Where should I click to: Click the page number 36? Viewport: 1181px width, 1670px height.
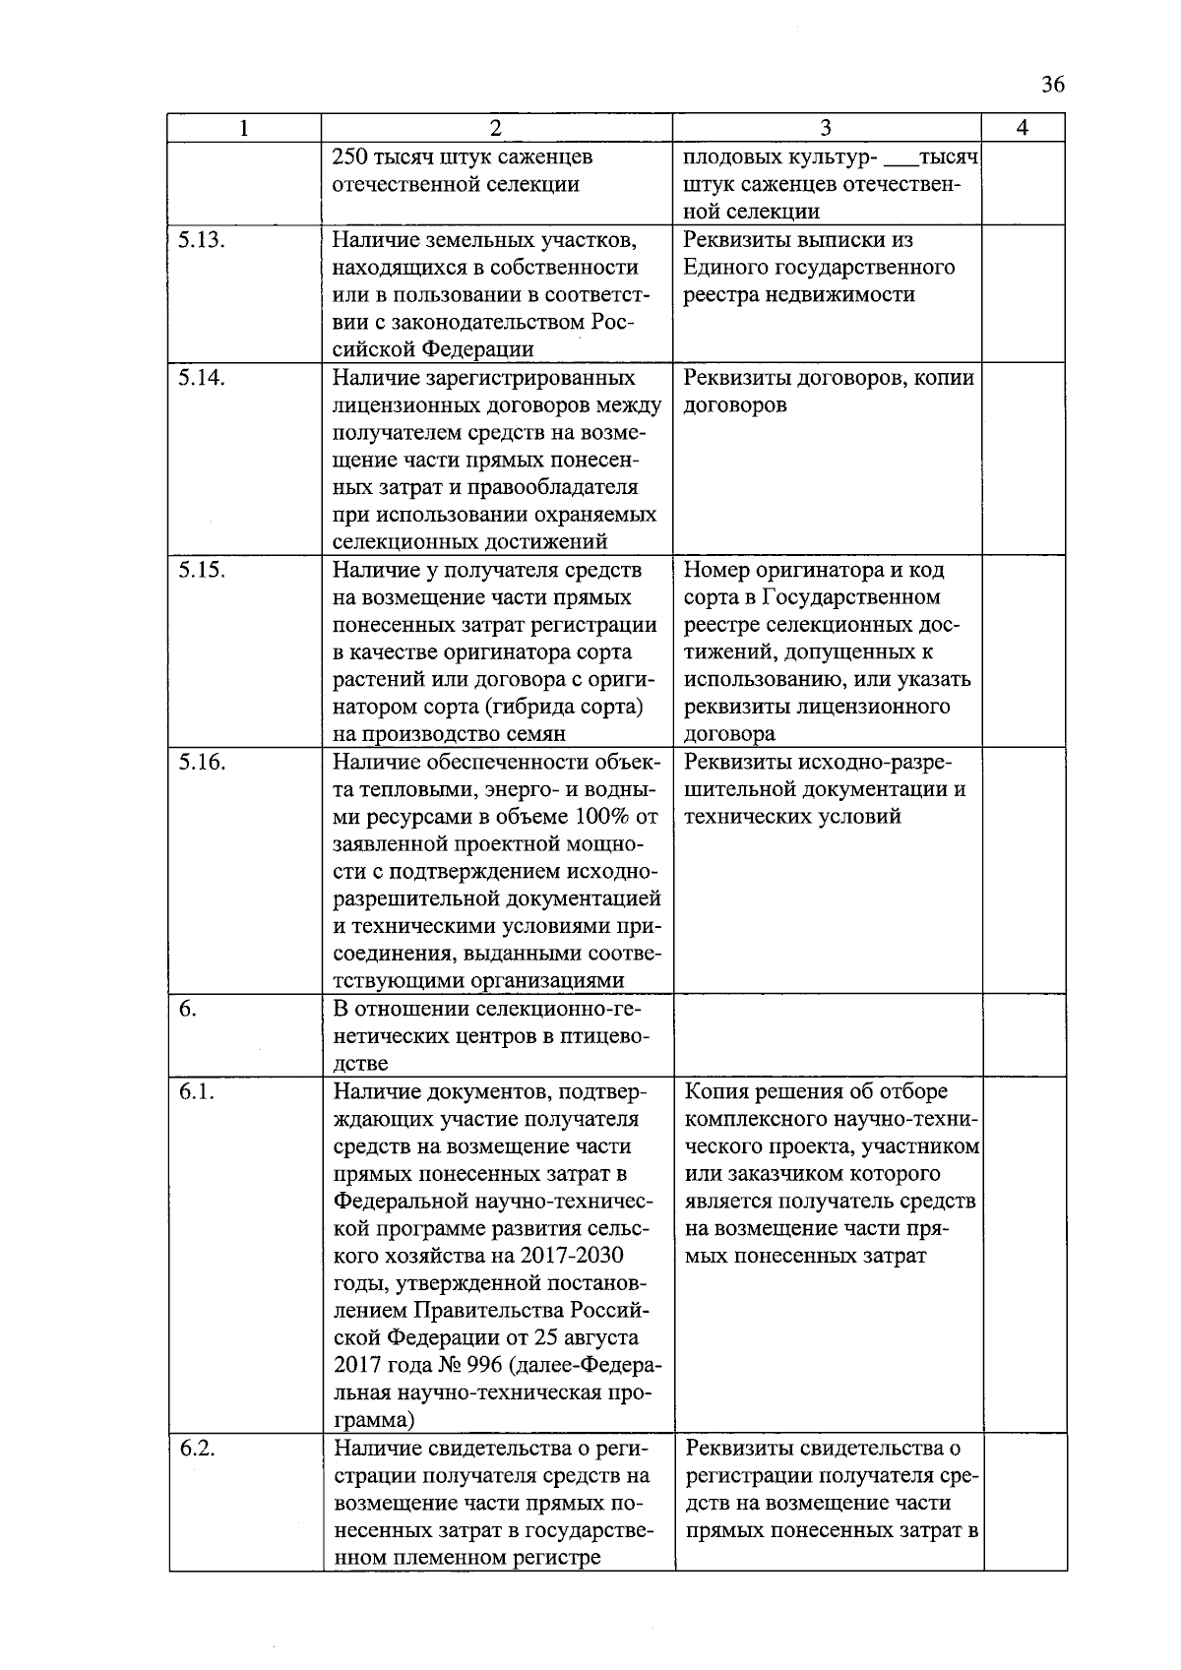[1052, 86]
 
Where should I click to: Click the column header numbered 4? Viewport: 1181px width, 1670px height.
[1023, 128]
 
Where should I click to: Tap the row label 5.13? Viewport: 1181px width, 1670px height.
[202, 240]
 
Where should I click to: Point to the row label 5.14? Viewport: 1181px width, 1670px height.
[202, 378]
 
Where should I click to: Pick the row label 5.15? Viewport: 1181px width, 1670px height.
[202, 570]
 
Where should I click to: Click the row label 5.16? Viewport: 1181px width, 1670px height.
[202, 762]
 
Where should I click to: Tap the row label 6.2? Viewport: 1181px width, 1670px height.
[197, 1450]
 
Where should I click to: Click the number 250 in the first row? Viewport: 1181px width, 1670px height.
[350, 157]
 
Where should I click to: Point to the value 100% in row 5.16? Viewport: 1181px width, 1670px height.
[604, 817]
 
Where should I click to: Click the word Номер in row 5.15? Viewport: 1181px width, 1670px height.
[716, 570]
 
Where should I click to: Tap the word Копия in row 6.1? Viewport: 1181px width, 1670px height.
[717, 1092]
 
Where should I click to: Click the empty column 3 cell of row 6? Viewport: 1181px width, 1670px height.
[827, 1035]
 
